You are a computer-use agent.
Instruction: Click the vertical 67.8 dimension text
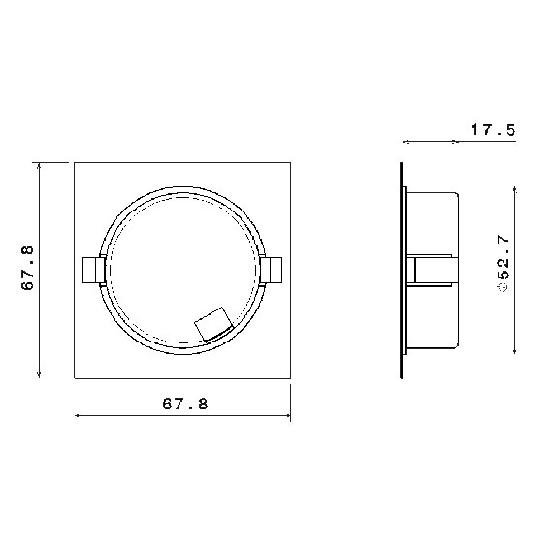27,269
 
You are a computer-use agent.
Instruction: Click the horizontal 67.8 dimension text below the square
184,403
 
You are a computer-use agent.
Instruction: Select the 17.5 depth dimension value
492,129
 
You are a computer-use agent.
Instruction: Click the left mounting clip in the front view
92,270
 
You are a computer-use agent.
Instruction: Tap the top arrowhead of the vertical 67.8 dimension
38,166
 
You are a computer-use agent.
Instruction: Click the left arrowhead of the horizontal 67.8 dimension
79,416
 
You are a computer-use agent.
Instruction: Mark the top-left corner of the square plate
75,162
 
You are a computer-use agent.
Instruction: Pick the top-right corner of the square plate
290,162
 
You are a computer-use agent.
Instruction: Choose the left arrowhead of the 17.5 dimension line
405,143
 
